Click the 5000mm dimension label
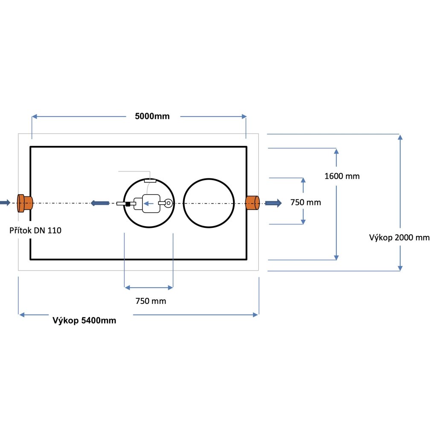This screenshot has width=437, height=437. (152, 117)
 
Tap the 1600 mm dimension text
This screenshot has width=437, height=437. (342, 176)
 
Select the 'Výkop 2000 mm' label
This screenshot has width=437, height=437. (399, 238)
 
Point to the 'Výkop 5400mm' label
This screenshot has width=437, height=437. (84, 320)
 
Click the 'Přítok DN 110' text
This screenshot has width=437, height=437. (35, 231)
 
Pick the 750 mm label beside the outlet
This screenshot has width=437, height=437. (305, 202)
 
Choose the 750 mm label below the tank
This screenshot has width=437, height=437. (150, 301)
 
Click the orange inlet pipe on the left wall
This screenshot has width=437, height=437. (25, 203)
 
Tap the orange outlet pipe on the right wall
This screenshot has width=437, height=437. (253, 203)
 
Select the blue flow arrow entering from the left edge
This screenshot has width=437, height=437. (5, 203)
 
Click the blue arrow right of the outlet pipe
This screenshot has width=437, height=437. (273, 203)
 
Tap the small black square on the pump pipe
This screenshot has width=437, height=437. (128, 204)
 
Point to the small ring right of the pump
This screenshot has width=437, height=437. (169, 204)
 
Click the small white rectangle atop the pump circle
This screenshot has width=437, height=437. (150, 181)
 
